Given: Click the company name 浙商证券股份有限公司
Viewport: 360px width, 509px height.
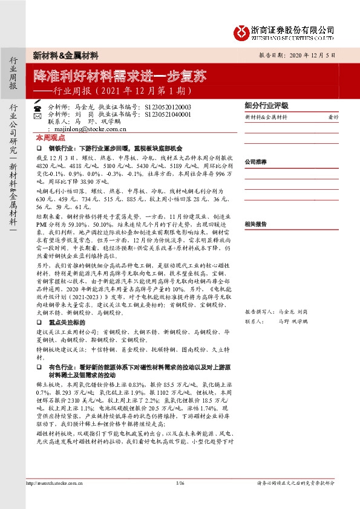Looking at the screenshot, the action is pos(293,28).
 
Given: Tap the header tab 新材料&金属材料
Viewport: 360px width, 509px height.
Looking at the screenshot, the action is pos(66,56).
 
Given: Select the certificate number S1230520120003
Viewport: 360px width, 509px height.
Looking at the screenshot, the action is pos(168,106).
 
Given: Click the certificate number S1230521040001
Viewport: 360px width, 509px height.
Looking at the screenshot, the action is pos(168,114).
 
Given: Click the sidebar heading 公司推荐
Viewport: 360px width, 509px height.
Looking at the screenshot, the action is pos(256,162).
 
